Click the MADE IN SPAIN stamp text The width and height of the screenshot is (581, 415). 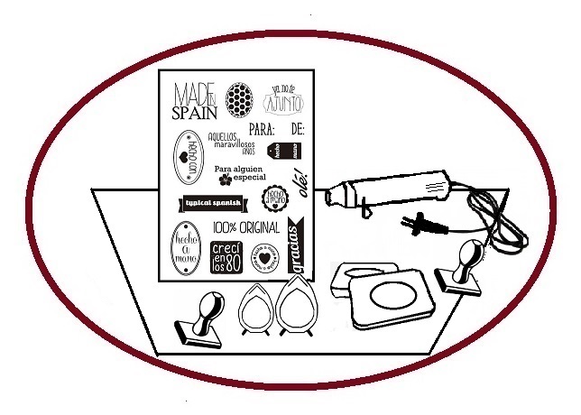[194, 100]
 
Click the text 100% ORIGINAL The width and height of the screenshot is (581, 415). [246, 229]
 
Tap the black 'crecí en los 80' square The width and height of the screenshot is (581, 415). [226, 257]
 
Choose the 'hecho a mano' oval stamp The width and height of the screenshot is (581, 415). [185, 249]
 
